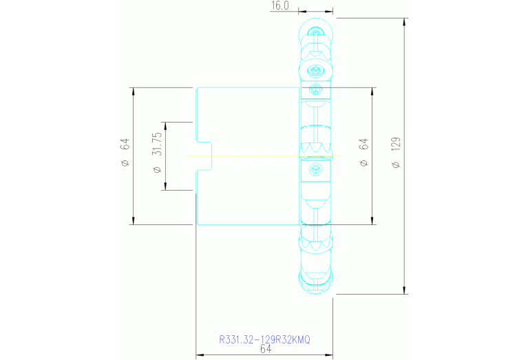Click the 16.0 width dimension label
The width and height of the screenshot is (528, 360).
pyautogui.click(x=280, y=6)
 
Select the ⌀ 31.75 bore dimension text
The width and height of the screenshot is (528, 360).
pyautogui.click(x=157, y=153)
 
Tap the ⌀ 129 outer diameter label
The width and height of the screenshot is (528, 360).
pyautogui.click(x=396, y=152)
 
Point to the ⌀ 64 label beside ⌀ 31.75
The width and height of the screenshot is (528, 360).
pyautogui.click(x=125, y=152)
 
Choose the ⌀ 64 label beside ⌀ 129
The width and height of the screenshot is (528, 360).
pyautogui.click(x=364, y=153)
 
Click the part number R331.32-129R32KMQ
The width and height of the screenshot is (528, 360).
pyautogui.click(x=264, y=339)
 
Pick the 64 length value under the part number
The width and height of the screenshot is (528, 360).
pyautogui.click(x=266, y=349)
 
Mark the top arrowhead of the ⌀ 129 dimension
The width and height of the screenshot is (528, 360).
pyautogui.click(x=404, y=21)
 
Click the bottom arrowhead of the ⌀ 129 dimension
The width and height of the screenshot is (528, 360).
pyautogui.click(x=404, y=290)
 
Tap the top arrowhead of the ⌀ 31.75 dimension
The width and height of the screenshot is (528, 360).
pyautogui.click(x=165, y=125)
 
